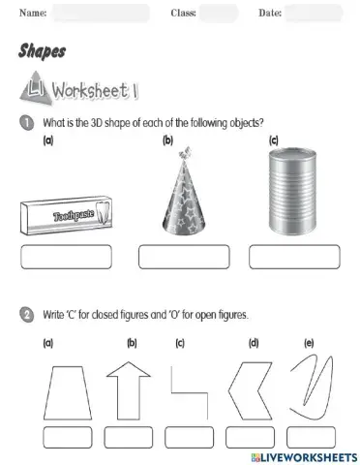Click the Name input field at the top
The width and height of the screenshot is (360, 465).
102,14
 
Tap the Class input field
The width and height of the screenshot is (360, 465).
219,14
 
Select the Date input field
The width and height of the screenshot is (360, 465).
315,14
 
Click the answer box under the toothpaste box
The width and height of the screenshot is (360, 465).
67,257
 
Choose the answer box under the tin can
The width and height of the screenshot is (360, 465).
289,257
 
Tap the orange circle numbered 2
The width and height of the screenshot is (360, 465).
25,315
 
